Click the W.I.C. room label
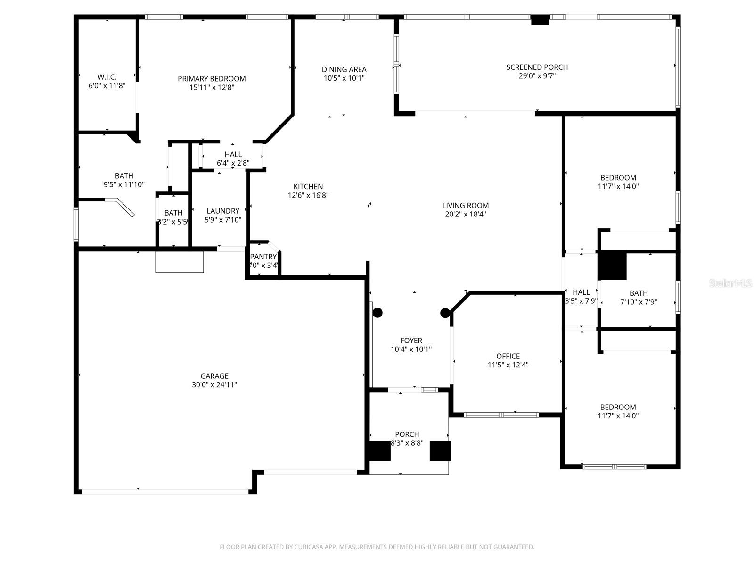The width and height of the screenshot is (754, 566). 107,77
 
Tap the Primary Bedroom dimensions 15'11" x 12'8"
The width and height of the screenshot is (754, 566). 212,87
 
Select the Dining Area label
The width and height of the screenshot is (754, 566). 344,69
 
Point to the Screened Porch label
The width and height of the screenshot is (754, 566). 537,67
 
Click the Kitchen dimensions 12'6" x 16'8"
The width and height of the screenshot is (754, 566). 308,195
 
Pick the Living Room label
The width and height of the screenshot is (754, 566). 465,205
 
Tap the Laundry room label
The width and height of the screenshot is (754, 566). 223,211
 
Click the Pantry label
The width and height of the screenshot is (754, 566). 263,257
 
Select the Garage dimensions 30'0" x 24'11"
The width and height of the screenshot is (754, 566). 214,385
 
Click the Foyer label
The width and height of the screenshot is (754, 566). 411,341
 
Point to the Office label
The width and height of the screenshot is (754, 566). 508,356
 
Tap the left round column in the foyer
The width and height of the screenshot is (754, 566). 377,312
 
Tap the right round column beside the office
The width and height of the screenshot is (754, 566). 444,312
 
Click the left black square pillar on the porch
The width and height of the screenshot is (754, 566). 379,451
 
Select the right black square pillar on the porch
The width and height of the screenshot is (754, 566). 440,451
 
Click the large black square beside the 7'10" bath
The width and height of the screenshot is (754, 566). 612,266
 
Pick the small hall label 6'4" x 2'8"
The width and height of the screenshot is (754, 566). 233,154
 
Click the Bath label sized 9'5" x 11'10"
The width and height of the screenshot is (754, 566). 124,176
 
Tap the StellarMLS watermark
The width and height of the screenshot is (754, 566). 731,283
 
